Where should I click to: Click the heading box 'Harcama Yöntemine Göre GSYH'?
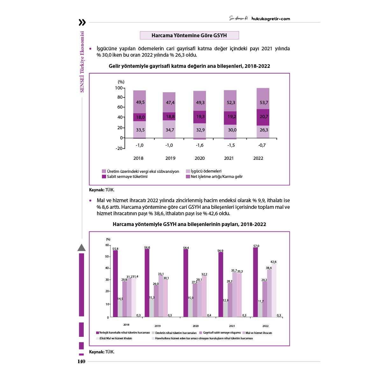tap(189, 35)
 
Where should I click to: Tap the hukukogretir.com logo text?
tap(271, 18)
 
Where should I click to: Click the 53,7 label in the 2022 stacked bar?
tap(264, 103)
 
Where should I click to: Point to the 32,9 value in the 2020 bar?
tap(200, 130)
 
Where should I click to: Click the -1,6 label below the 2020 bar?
tap(200, 145)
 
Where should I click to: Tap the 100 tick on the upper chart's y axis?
tap(118, 88)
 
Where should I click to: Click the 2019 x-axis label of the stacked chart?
tap(170, 158)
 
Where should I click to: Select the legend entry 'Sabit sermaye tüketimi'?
tap(127, 177)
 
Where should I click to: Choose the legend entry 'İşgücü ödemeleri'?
tap(206, 171)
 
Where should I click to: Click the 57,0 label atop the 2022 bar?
tap(256, 246)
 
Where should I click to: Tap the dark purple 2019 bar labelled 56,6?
tap(147, 283)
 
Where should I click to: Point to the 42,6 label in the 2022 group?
tap(273, 262)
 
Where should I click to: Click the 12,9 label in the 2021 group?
tap(225, 301)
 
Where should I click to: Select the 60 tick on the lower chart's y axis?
tap(107, 245)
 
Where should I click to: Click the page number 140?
tap(81, 362)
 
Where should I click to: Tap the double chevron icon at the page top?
tap(82, 22)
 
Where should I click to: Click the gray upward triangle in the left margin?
tap(81, 248)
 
